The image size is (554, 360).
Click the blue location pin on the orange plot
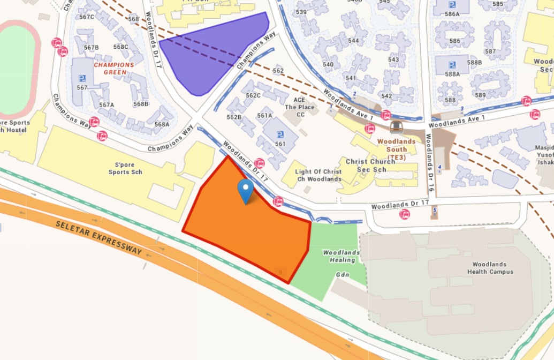click(246, 191)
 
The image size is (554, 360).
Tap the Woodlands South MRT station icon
click(396, 127)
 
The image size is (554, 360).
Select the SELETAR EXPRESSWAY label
click(99, 236)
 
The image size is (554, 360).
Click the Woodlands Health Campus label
click(492, 268)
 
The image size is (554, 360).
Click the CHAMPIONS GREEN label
click(110, 69)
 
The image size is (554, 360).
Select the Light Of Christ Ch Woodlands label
click(318, 175)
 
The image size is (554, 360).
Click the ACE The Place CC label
click(300, 107)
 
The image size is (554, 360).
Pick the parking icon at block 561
click(280, 136)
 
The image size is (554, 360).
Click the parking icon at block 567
click(82, 78)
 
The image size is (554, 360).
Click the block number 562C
click(253, 95)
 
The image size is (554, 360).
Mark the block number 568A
click(162, 124)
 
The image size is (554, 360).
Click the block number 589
click(480, 95)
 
